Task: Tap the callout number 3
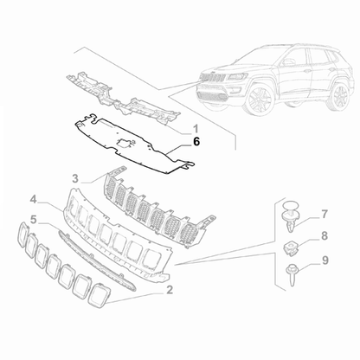[76, 177]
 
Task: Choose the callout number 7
[325, 213]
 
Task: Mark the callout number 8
[325, 235]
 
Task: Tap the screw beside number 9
[292, 273]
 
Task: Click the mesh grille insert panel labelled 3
[156, 209]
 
